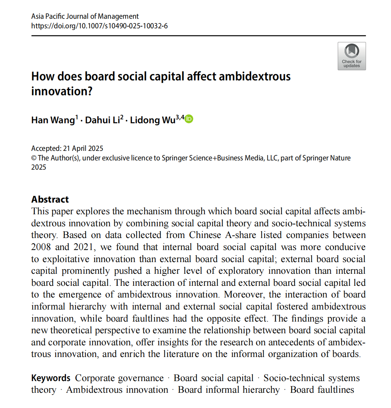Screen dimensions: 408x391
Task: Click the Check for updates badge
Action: tap(351, 56)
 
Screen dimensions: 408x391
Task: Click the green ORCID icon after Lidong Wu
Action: tap(189, 119)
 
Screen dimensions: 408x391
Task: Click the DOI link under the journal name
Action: tap(99, 26)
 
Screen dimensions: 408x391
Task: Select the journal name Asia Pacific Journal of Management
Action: tap(85, 16)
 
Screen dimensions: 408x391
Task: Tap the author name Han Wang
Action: tap(53, 120)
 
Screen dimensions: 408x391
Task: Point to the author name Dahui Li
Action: tap(102, 120)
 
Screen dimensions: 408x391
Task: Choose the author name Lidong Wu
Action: tap(152, 120)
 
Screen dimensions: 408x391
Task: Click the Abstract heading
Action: tap(50, 199)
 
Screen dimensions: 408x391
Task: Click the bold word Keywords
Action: tap(51, 378)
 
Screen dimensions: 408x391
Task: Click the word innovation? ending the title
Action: tap(62, 91)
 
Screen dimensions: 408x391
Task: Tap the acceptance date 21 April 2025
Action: tap(83, 148)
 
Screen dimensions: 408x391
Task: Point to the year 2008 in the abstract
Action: tap(41, 247)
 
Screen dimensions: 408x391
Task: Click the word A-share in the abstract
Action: tap(240, 235)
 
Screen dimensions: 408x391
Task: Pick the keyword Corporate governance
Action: tap(119, 378)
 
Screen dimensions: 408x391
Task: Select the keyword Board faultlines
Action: tap(322, 390)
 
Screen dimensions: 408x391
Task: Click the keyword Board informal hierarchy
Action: tap(229, 390)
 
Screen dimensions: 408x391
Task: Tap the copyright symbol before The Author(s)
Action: tap(34, 158)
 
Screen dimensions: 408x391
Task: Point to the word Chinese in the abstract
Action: tap(205, 235)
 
